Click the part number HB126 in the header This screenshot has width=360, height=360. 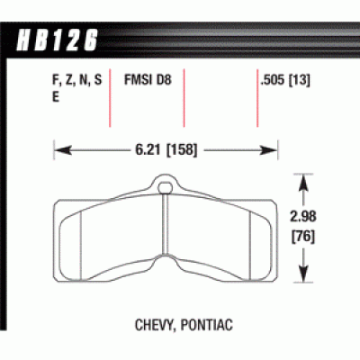56,39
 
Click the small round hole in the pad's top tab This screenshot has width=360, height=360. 166,188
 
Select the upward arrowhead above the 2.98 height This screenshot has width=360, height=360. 309,180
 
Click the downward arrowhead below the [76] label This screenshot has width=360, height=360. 309,277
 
